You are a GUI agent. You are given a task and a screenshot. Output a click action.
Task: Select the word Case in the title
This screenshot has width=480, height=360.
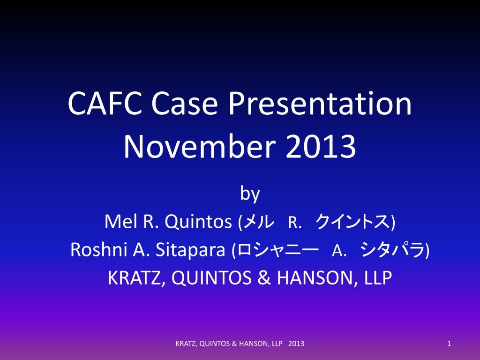[184, 103]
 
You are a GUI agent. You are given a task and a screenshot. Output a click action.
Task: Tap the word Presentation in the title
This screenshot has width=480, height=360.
[320, 103]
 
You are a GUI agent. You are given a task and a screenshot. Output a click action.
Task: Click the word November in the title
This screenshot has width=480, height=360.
[200, 146]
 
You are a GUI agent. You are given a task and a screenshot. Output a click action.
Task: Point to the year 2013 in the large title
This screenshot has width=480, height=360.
[321, 146]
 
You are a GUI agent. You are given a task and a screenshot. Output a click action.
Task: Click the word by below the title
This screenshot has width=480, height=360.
[250, 194]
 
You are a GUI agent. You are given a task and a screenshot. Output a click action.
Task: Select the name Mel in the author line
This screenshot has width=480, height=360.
[121, 221]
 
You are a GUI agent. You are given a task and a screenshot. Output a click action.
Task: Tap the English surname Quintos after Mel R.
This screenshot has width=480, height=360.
[198, 222]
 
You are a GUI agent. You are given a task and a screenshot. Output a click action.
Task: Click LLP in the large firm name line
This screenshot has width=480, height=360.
[378, 278]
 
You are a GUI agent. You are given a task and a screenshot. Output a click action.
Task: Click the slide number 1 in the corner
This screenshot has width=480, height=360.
[449, 344]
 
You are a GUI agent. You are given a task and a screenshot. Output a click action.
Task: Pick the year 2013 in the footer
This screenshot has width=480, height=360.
[296, 344]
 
